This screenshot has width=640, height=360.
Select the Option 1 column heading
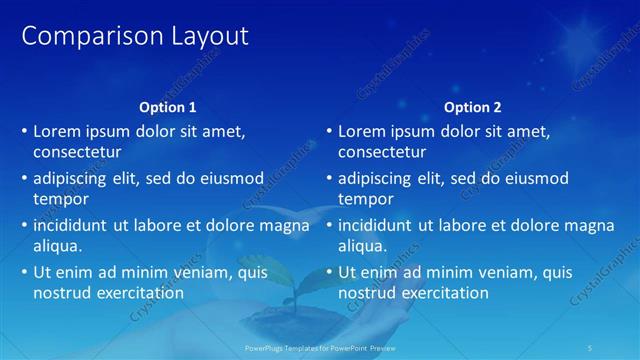pyautogui.click(x=166, y=107)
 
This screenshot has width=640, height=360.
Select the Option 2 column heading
pyautogui.click(x=472, y=107)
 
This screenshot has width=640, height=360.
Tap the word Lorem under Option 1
pyautogui.click(x=57, y=131)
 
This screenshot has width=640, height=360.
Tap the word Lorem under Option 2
pyautogui.click(x=362, y=131)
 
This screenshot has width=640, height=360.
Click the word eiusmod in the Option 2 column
pyautogui.click(x=535, y=178)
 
